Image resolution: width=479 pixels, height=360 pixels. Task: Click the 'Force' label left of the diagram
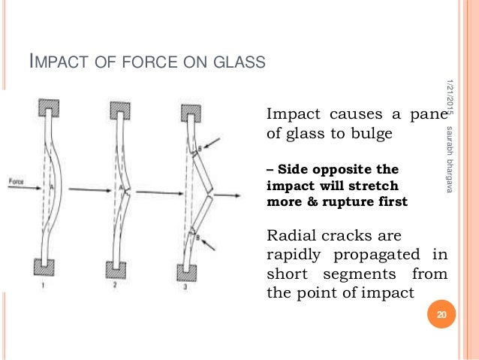click(17, 181)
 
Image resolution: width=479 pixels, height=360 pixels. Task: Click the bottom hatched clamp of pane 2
click(119, 268)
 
